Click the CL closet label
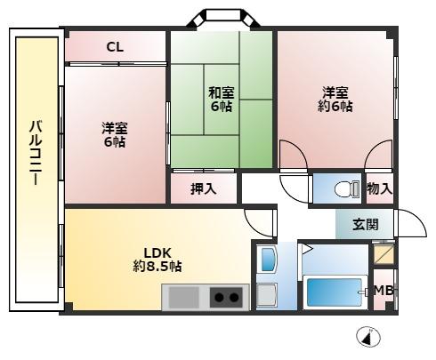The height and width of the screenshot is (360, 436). (115, 48)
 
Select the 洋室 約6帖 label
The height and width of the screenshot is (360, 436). (335, 99)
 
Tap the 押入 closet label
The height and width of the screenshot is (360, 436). (204, 188)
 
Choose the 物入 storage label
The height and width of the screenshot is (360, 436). (378, 188)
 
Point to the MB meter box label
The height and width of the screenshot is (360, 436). (384, 291)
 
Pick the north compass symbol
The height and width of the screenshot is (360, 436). (367, 338)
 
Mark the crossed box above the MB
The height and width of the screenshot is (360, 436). (384, 255)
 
